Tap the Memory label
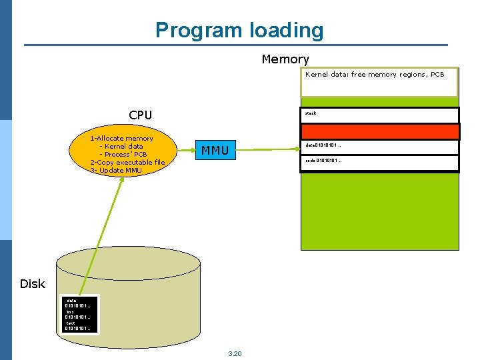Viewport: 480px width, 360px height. point(285,59)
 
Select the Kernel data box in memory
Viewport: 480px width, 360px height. point(380,83)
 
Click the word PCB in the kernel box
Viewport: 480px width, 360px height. point(437,75)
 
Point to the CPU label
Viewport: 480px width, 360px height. point(140,115)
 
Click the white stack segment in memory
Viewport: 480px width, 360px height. point(380,115)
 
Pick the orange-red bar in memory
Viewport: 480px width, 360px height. point(380,131)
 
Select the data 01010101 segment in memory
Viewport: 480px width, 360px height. point(380,147)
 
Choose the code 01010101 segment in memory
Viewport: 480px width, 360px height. point(380,163)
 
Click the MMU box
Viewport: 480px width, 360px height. point(215,151)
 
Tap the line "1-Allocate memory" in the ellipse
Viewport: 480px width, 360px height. point(121,138)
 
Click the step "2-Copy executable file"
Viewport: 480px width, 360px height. point(127,162)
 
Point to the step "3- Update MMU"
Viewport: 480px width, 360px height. point(116,170)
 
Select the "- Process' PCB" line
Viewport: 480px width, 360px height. point(123,154)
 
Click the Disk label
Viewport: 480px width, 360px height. point(32,284)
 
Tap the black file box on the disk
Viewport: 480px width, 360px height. point(79,315)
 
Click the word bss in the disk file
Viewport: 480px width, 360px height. point(70,311)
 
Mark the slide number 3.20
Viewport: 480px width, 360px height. point(235,353)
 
